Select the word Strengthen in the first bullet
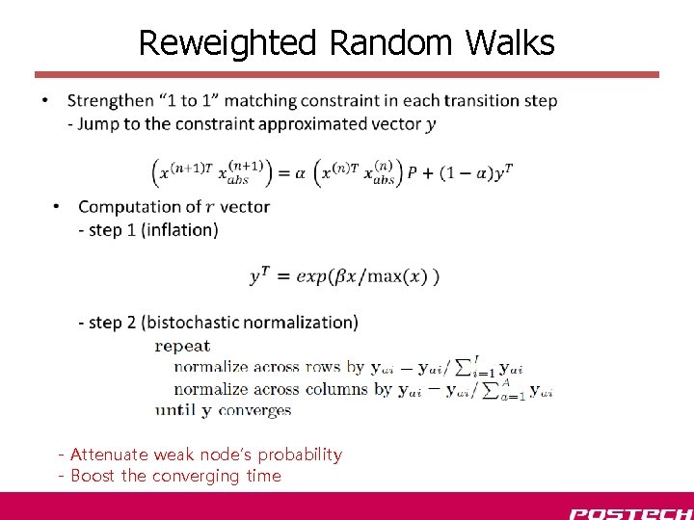click(111, 101)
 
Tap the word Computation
click(132, 207)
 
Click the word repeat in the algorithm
click(182, 346)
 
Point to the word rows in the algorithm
click(323, 367)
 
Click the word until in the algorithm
click(175, 410)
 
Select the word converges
click(255, 410)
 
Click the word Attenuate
click(109, 455)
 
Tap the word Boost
click(93, 476)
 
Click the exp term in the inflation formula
click(312, 276)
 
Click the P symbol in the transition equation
click(413, 173)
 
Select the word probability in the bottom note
click(300, 455)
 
